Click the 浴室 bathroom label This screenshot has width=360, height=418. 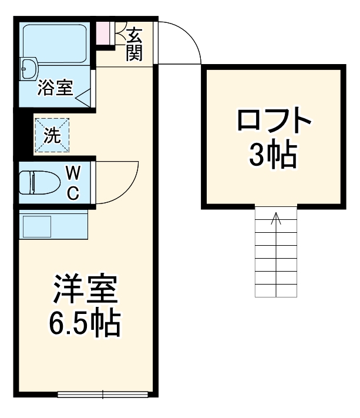[55, 88]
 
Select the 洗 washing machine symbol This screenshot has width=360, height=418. [52, 136]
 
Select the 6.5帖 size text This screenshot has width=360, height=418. [86, 322]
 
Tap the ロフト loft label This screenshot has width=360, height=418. [273, 122]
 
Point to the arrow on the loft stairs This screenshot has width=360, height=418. [276, 220]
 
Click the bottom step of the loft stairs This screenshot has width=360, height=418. [275, 290]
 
